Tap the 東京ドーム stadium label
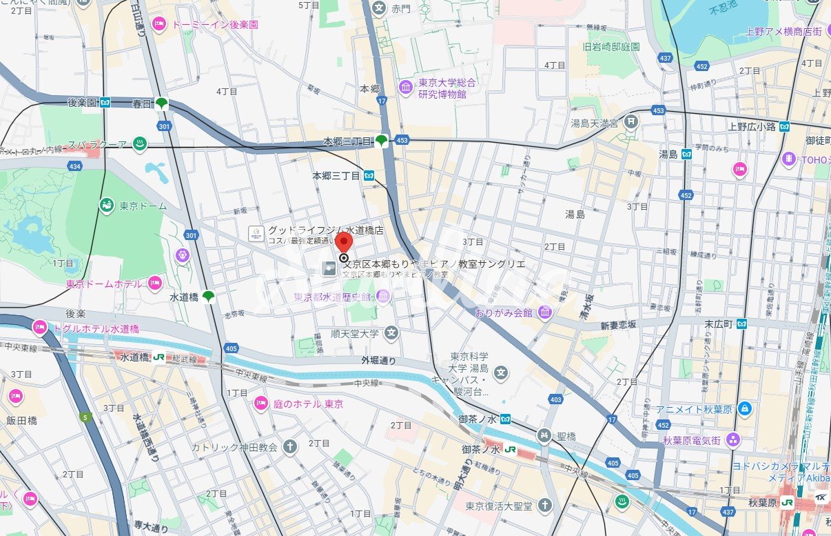[x=135, y=206]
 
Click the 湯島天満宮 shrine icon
[x=630, y=122]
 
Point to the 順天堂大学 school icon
[x=391, y=333]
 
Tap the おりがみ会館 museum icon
[x=545, y=312]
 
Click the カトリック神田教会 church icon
[x=290, y=447]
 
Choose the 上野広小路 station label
[x=752, y=126]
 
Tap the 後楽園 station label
[x=82, y=103]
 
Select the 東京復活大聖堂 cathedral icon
[x=546, y=506]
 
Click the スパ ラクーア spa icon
[x=140, y=144]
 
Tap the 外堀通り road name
[x=378, y=360]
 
